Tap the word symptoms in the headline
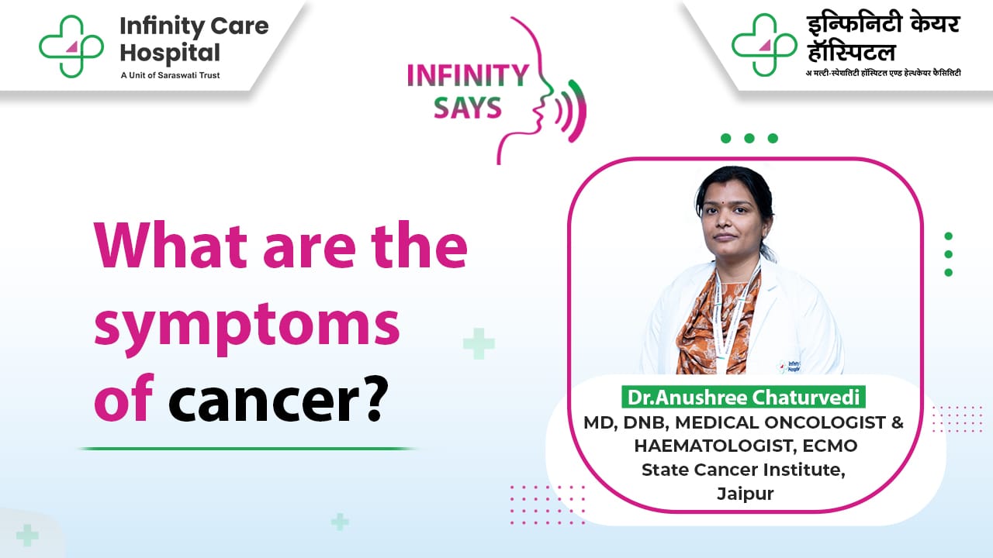click(x=247, y=327)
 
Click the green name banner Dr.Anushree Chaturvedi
click(x=743, y=397)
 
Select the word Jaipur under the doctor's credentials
click(x=746, y=494)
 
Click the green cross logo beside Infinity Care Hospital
click(x=71, y=46)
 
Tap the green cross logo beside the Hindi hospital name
click(x=764, y=45)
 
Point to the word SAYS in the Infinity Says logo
click(x=467, y=108)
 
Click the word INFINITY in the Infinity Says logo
click(x=468, y=75)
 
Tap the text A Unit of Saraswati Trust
click(x=170, y=75)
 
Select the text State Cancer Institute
click(x=743, y=470)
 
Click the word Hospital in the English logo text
click(x=170, y=53)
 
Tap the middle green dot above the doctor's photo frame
click(x=749, y=138)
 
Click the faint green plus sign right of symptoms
click(x=479, y=343)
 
